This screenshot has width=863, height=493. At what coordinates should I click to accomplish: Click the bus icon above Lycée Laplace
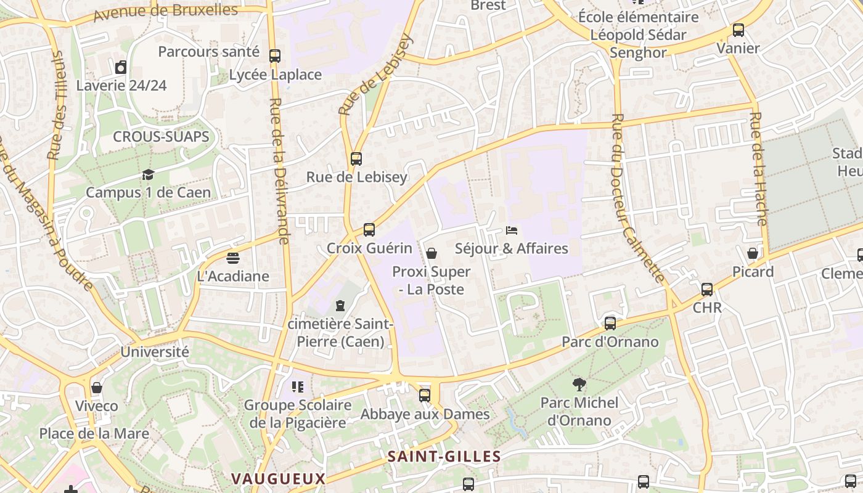(x=275, y=56)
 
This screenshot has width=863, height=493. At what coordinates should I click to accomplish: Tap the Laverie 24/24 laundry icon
(x=121, y=67)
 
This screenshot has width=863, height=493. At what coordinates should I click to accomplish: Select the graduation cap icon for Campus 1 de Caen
(x=148, y=175)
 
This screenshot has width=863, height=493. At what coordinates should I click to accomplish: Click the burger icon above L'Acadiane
(x=233, y=258)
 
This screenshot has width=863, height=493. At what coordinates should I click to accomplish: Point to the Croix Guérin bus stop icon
(x=369, y=230)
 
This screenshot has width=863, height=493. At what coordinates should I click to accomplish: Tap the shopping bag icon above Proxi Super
(x=431, y=253)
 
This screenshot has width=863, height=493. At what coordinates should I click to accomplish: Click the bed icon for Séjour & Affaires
(x=511, y=230)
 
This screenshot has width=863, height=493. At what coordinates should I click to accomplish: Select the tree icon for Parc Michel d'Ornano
(x=579, y=385)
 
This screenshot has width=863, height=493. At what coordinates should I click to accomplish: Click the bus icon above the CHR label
(x=707, y=289)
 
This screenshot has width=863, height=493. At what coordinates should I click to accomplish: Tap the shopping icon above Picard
(x=753, y=253)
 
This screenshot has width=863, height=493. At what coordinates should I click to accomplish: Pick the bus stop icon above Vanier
(x=738, y=30)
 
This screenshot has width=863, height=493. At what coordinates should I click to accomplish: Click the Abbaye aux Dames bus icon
(x=425, y=396)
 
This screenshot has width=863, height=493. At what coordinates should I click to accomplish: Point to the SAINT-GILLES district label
(x=444, y=457)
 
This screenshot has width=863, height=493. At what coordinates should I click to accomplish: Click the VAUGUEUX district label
(x=278, y=479)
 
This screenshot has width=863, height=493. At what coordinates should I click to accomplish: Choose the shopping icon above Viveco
(x=97, y=388)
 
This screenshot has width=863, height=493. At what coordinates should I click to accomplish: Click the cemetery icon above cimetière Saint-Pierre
(x=340, y=306)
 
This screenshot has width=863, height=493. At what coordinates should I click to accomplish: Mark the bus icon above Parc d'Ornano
(x=610, y=323)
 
